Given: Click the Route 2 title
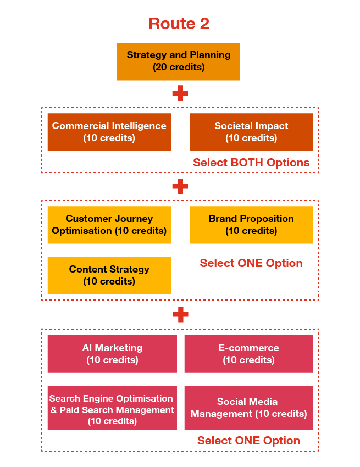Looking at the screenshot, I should pos(179,24).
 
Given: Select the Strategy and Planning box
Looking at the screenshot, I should pos(178,62).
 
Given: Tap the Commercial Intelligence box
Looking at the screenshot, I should pos(109,132).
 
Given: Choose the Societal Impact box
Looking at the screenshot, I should pos(251,132).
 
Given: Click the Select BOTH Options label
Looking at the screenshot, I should pos(251,163).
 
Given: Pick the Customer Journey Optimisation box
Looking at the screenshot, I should pos(109,225).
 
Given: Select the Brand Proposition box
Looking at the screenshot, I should pos(251,225).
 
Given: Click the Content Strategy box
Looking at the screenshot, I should pos(109,275).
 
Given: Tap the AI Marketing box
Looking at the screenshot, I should pos(112,354).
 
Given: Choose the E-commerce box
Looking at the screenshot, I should pos(248,354).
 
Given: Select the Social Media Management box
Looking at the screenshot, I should pos(248,408).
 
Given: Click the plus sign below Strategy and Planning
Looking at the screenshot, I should pos(180,93).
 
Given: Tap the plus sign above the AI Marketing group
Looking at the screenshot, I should pos(180,315).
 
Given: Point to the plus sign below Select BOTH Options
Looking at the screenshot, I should pos(180,187).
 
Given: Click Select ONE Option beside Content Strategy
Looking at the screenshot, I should pos(251,263).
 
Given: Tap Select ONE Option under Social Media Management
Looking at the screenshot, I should pos(248,441).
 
